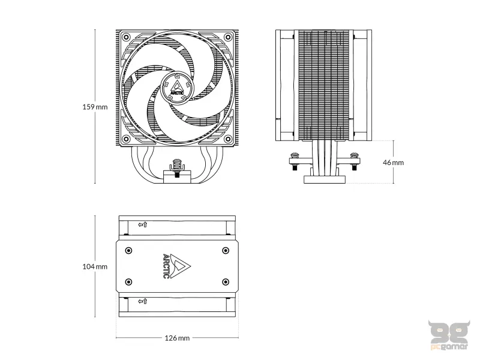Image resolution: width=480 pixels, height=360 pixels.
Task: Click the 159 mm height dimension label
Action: click(x=95, y=107)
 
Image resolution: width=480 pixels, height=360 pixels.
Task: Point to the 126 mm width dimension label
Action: click(x=176, y=338)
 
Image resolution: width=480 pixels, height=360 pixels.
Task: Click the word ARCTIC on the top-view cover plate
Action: click(x=167, y=266)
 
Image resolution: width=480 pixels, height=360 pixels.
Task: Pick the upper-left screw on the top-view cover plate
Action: click(x=127, y=250)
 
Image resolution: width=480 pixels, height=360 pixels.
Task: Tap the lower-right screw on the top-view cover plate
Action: click(x=225, y=281)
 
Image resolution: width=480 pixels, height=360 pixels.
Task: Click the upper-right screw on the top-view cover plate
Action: click(x=225, y=250)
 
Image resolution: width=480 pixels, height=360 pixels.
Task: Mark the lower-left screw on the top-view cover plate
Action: click(x=127, y=281)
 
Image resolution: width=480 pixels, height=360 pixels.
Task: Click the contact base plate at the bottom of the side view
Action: click(x=325, y=179)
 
